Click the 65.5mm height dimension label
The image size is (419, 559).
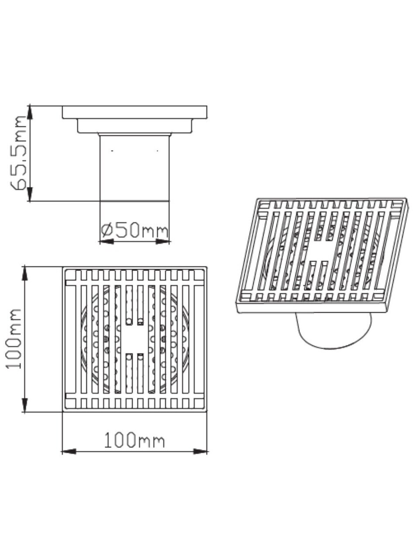point(18,153)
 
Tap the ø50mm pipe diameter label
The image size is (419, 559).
point(134,231)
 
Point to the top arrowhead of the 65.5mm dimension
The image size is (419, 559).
point(30,112)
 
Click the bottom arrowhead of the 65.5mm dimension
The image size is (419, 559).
point(30,194)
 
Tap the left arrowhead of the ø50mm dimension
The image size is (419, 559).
point(106,242)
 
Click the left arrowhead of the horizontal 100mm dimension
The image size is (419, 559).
point(69,459)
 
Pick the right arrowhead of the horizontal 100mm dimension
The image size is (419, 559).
point(200,459)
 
